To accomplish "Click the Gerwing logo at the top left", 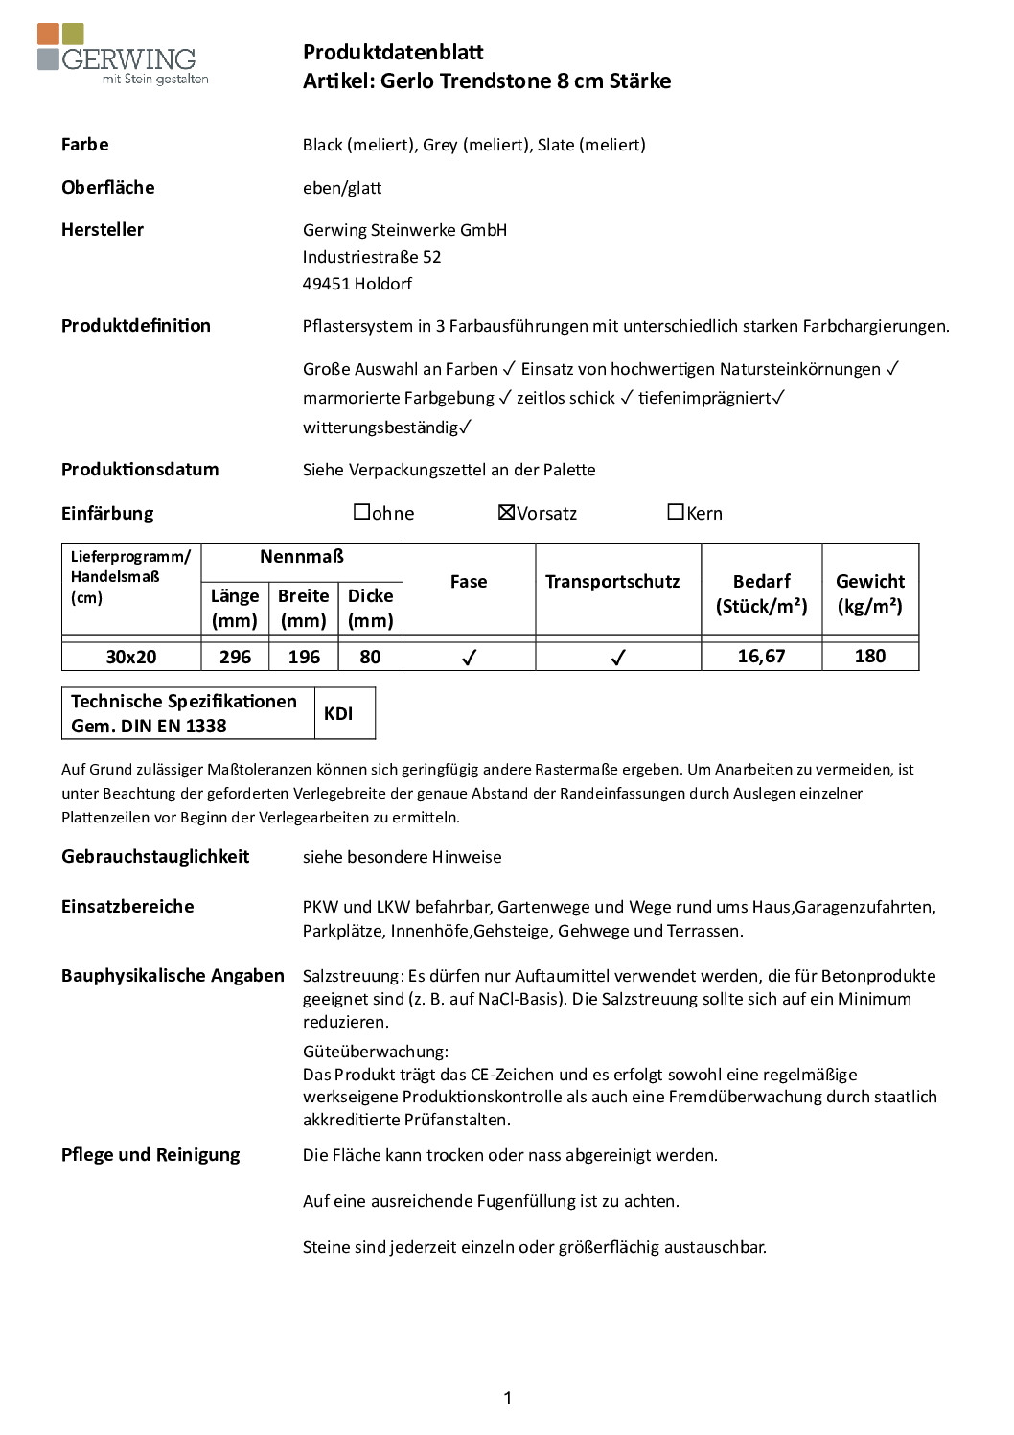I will click(x=123, y=55).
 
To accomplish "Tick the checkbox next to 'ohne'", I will click(x=362, y=512).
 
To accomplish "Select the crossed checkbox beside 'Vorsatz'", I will click(x=507, y=512).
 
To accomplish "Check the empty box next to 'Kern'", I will click(x=676, y=512).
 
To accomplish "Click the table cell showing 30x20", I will click(x=131, y=657).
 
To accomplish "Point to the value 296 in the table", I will click(x=235, y=657).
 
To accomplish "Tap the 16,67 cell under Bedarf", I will click(x=761, y=656).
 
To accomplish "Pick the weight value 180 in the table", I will click(x=869, y=656).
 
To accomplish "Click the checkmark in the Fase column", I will click(x=469, y=658).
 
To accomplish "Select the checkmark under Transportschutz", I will click(x=618, y=658).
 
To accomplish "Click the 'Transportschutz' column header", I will click(x=612, y=582).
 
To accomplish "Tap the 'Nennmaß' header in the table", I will click(x=302, y=557).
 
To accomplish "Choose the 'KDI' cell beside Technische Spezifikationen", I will click(x=338, y=713).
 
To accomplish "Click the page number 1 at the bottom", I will click(x=507, y=1398).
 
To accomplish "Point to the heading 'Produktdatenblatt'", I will click(x=393, y=52).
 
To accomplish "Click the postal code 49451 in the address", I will click(x=327, y=284).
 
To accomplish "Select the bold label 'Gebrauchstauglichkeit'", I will click(x=155, y=857).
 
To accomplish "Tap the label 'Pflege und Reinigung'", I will click(x=150, y=1155).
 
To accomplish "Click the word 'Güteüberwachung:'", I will click(x=376, y=1052).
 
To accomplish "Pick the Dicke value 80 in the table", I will click(x=370, y=657).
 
